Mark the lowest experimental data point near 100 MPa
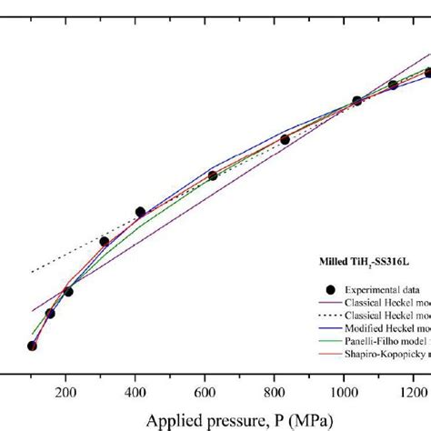point(32,346)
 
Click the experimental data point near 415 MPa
point(140,212)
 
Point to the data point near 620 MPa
point(212,175)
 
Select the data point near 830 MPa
point(285,139)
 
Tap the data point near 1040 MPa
point(356,100)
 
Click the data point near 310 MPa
point(104,241)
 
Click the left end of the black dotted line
point(32,272)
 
